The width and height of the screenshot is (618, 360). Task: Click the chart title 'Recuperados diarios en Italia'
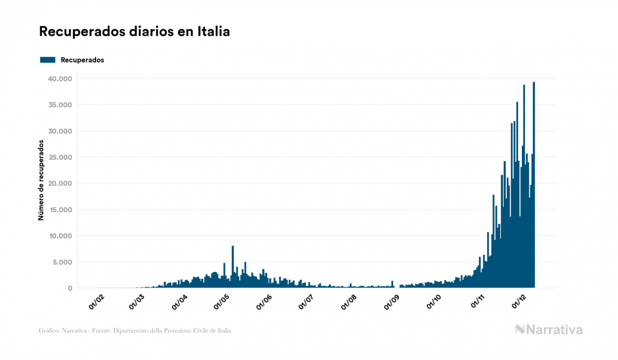134,32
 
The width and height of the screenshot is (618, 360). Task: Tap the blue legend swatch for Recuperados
48,60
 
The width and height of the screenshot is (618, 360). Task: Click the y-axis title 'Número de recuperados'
41,180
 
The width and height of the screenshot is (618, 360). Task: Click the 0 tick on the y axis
69,288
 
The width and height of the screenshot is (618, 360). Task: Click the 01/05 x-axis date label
222,301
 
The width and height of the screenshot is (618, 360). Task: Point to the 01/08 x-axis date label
348,301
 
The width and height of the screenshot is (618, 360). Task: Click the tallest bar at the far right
534,187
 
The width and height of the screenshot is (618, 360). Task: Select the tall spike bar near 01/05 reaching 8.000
233,267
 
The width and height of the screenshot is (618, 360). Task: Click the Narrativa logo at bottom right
549,330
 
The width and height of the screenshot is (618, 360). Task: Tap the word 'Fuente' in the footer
116,331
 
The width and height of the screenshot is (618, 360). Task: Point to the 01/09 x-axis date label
392,301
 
